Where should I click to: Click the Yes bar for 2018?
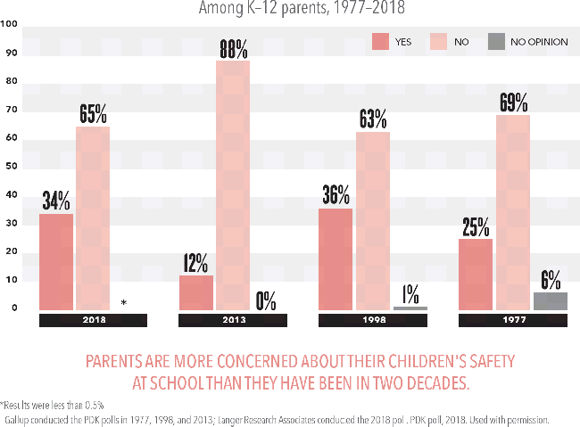coord(56,262)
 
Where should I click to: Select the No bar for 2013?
coord(232,185)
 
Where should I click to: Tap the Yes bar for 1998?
coord(336,259)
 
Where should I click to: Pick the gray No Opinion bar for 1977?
coord(550,301)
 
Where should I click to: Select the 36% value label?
coord(336,195)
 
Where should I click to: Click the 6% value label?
coord(550,279)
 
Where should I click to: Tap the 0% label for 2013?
coord(265,300)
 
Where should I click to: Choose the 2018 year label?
coord(93,319)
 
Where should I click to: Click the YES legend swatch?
coord(381,41)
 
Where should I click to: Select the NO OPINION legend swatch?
coord(497,41)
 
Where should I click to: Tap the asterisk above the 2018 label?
coord(123,303)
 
